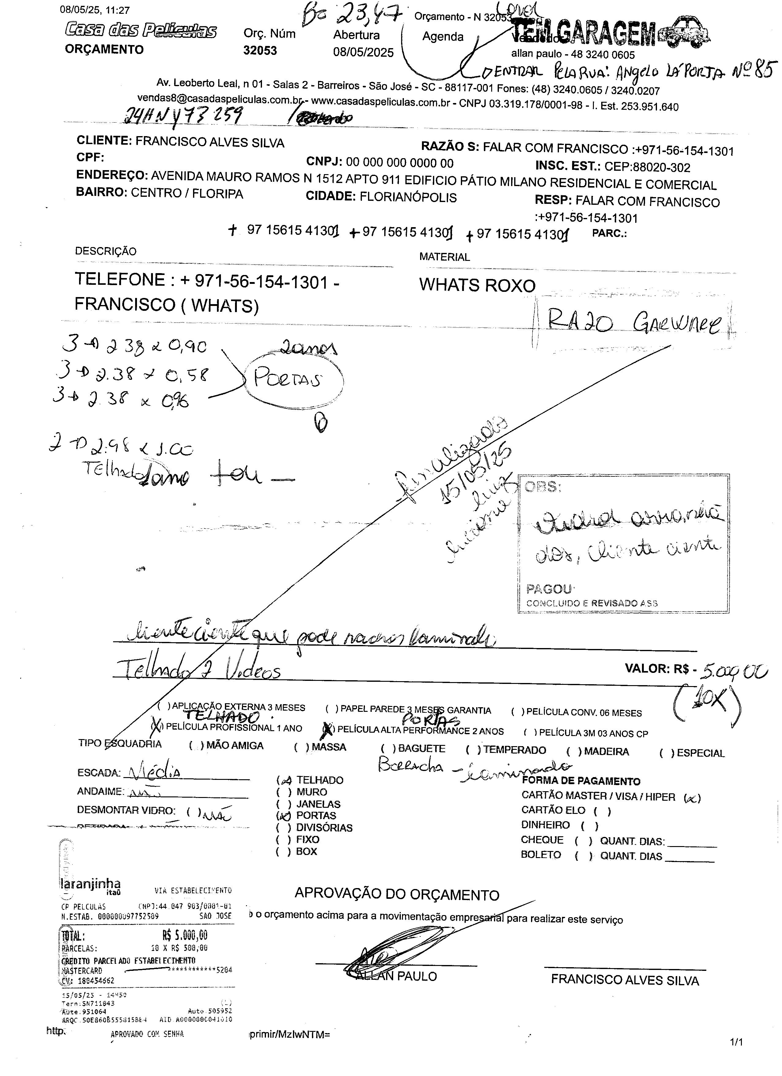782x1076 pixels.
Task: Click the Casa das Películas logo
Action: tap(141, 31)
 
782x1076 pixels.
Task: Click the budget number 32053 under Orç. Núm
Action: tap(260, 51)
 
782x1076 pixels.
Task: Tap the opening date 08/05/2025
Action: tap(363, 52)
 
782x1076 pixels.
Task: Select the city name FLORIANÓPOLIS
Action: tap(408, 197)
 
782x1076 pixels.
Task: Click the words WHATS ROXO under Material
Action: tap(477, 285)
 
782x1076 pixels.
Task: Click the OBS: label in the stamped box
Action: tap(543, 487)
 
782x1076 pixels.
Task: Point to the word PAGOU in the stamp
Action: tap(549, 589)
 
